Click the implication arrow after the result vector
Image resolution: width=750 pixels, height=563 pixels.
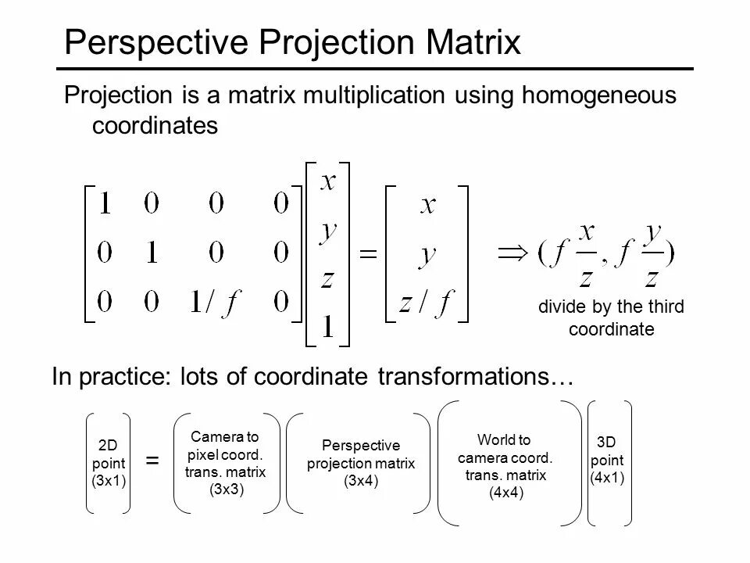[512, 253]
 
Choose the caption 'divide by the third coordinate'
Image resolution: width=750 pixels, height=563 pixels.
[610, 318]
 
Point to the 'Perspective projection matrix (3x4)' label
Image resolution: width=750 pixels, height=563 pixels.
[361, 462]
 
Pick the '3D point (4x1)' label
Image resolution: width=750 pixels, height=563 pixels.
[606, 459]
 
